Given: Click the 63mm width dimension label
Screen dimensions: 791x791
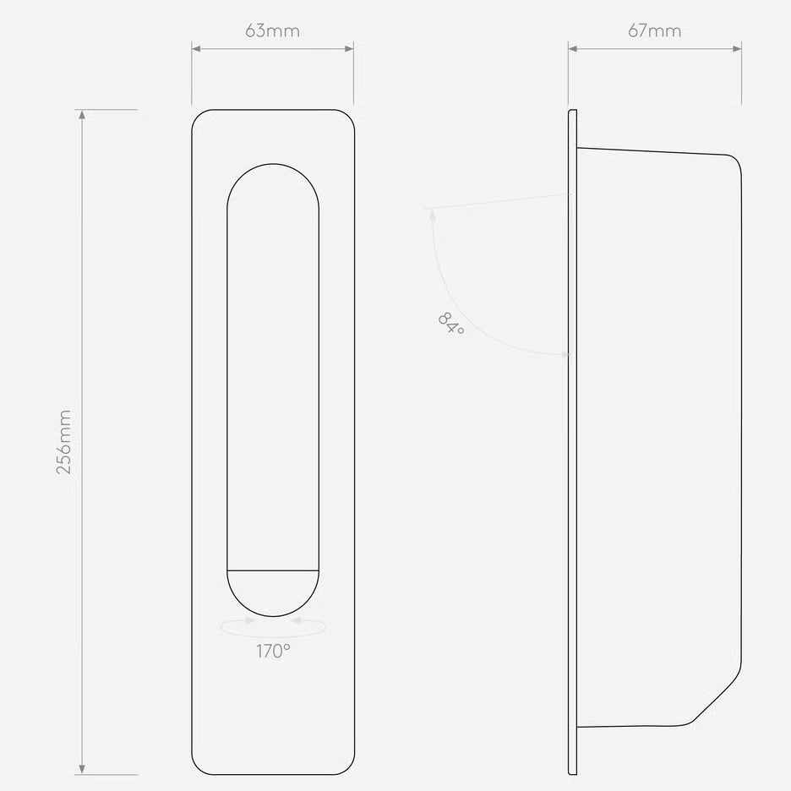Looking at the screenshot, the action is [272, 30].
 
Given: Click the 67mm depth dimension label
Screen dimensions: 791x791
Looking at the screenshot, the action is [654, 30].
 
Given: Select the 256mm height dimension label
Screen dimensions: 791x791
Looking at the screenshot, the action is [63, 442].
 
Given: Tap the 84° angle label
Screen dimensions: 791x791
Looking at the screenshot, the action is [450, 324].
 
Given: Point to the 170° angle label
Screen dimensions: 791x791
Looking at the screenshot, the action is [273, 652].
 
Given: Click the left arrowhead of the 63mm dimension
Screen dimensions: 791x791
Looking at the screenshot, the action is [196, 48].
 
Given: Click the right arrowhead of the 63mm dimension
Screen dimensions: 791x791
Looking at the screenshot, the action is [349, 48].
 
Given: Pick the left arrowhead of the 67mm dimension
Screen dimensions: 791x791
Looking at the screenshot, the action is [573, 48].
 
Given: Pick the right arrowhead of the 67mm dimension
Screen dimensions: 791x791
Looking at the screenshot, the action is [737, 48].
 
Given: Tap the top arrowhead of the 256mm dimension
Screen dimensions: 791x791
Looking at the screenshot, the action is [82, 115].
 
